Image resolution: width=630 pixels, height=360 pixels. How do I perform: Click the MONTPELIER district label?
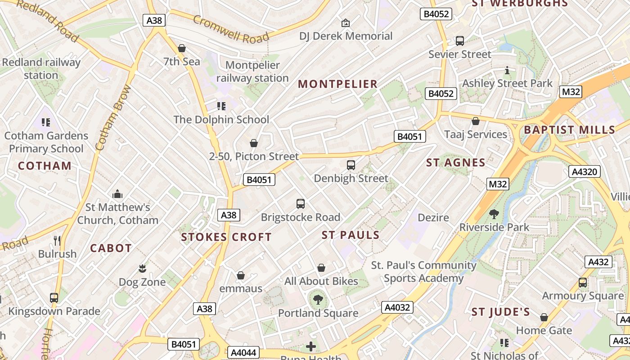(337, 84)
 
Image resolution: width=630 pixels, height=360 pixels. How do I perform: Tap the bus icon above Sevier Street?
(459, 41)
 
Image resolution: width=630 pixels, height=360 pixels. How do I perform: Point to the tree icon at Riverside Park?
(494, 214)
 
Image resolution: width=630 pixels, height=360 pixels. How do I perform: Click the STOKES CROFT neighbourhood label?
(226, 237)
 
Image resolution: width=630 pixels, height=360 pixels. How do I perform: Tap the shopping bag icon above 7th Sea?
(182, 48)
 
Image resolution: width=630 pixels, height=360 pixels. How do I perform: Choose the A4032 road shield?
(397, 307)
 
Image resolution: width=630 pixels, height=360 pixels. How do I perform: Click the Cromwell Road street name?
(231, 29)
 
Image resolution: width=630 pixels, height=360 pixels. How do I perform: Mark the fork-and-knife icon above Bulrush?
(57, 240)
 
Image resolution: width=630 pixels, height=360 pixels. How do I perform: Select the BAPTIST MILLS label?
(569, 130)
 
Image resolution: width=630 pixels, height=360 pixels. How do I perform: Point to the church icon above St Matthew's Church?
(117, 194)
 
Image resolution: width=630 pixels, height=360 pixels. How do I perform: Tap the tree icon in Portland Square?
(318, 299)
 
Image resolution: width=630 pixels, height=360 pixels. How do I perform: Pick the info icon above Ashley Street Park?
(507, 70)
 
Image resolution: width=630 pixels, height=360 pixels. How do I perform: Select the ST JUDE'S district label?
(500, 312)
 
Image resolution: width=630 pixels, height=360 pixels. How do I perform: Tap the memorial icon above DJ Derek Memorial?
(346, 22)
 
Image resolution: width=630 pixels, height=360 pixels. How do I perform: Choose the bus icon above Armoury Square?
(582, 283)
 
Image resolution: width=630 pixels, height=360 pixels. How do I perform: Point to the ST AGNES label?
(455, 163)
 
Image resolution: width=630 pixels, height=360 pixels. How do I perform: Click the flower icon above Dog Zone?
(142, 269)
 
